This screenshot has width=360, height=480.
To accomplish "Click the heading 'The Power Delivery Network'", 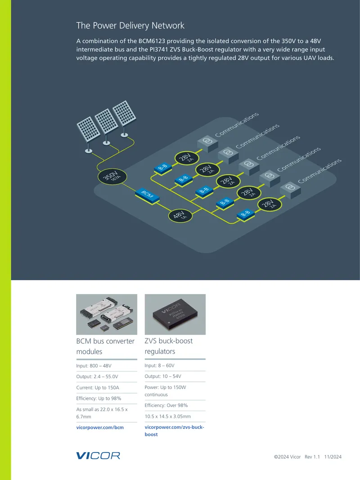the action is click(x=130, y=25).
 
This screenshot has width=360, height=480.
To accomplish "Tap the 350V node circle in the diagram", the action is click(x=112, y=177).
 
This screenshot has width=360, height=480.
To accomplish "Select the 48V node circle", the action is click(x=180, y=216).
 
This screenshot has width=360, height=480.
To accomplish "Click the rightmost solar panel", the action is click(x=124, y=113).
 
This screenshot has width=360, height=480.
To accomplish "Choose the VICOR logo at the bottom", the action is click(x=98, y=456).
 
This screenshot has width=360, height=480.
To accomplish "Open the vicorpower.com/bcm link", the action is click(x=100, y=427).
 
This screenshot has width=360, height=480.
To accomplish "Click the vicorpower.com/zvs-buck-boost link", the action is click(x=174, y=431).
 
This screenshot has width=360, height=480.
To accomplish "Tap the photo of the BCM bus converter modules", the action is click(x=107, y=314).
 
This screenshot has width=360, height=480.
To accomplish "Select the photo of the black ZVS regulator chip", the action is click(x=175, y=314).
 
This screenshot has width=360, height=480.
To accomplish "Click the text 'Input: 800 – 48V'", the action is click(x=94, y=366).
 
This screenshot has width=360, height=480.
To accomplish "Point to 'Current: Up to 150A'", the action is click(x=98, y=388).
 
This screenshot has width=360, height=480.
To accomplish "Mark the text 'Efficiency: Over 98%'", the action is click(x=166, y=405).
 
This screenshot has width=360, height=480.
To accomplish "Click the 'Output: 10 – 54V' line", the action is click(x=163, y=376).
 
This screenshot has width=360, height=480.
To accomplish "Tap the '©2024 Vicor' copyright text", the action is click(x=287, y=457).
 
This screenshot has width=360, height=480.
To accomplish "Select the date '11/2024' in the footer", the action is click(x=333, y=457).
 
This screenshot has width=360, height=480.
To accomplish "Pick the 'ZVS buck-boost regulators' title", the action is click(x=169, y=346).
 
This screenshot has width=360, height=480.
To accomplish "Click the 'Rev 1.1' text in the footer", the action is click(x=312, y=457).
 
